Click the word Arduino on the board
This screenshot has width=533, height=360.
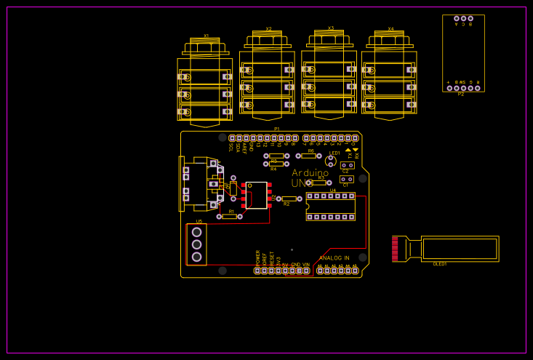(310, 173)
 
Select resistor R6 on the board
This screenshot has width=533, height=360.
(308, 156)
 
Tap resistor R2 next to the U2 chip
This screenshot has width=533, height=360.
(289, 199)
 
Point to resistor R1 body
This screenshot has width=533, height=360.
(230, 217)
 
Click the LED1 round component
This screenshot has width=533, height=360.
(331, 161)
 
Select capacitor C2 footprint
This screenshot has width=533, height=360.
(347, 165)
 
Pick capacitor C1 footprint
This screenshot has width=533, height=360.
(347, 179)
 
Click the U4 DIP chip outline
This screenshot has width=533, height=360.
(331, 206)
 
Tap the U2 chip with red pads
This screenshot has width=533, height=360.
(256, 196)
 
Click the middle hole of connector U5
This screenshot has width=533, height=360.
(196, 244)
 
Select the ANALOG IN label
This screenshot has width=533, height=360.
(334, 258)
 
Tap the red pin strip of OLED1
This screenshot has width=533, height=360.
(395, 248)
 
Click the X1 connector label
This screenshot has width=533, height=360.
(206, 36)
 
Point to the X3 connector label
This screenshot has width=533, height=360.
(331, 28)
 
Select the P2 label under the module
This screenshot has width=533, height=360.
(461, 95)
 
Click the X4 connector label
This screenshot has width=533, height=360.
(390, 29)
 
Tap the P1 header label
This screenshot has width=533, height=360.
(276, 129)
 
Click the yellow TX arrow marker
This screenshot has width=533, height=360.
(348, 150)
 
